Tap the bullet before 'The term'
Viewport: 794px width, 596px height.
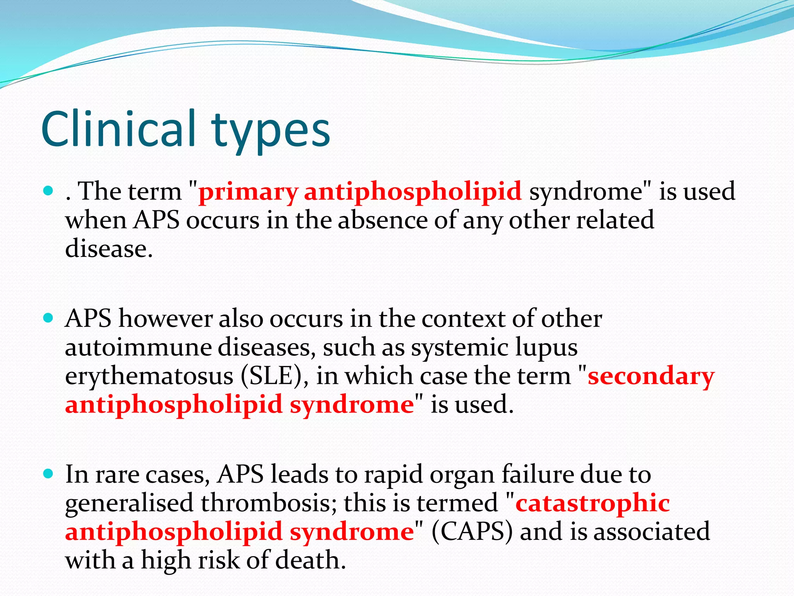(x=48, y=191)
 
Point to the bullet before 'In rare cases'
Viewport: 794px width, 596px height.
(x=48, y=474)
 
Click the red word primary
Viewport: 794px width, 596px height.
(x=248, y=192)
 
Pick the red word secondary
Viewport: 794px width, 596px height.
(x=651, y=376)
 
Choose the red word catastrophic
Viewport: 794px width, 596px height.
(x=593, y=503)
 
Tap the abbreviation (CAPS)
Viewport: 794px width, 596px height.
(x=472, y=532)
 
